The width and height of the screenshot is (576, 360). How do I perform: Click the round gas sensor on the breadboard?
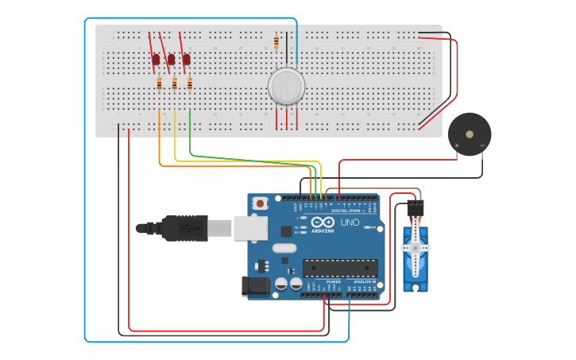click(286, 87)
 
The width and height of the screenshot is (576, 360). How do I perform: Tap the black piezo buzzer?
click(469, 134)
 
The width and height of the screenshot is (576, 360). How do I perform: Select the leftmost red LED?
click(157, 60)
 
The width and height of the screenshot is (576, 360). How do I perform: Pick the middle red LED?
click(171, 60)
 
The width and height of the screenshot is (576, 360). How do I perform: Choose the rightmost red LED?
click(187, 60)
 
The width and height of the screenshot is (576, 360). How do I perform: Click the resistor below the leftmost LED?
click(159, 83)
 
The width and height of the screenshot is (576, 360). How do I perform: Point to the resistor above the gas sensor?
click(276, 42)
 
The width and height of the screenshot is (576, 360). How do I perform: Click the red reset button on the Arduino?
click(260, 204)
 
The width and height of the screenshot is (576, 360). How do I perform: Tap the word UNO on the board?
click(350, 223)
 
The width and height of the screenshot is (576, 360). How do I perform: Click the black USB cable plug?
click(183, 227)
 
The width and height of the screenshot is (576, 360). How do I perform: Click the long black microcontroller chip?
click(340, 268)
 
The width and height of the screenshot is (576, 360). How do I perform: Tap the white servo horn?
click(414, 249)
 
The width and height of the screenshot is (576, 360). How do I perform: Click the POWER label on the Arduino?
click(334, 281)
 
